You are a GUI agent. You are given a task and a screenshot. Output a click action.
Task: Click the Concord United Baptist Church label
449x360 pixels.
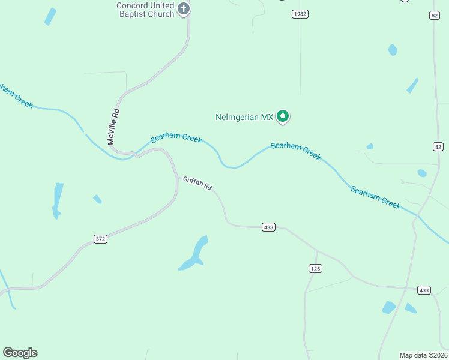pyautogui.click(x=145, y=10)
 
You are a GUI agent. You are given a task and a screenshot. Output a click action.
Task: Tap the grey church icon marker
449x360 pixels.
pyautogui.click(x=184, y=9)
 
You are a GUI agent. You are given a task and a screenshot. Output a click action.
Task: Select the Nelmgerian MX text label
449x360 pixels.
pyautogui.click(x=244, y=117)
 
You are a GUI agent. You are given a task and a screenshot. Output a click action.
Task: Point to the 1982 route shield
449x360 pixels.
pyautogui.click(x=300, y=14)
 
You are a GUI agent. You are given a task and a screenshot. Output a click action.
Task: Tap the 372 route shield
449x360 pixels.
pyautogui.click(x=101, y=239)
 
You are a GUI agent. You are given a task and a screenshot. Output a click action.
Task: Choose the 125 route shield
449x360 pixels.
pyautogui.click(x=315, y=269)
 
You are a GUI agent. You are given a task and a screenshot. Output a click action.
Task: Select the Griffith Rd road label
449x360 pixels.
pyautogui.click(x=197, y=183)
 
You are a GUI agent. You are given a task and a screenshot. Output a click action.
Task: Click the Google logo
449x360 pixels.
pyautogui.click(x=20, y=353)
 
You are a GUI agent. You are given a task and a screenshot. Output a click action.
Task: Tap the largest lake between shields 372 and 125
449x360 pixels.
pyautogui.click(x=195, y=254)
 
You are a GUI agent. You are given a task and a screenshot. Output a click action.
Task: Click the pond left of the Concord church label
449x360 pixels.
pyautogui.click(x=50, y=16)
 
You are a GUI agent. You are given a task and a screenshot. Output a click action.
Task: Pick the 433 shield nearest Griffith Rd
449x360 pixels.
pyautogui.click(x=268, y=227)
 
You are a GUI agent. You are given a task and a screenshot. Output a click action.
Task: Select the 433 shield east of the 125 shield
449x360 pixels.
pyautogui.click(x=424, y=290)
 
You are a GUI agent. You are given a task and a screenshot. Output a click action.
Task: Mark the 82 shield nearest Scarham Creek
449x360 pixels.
pyautogui.click(x=438, y=147)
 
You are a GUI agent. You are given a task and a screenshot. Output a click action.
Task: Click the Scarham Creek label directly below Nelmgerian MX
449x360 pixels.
pyautogui.click(x=296, y=151)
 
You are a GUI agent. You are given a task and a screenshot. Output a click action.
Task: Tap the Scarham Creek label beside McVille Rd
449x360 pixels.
pyautogui.click(x=176, y=138)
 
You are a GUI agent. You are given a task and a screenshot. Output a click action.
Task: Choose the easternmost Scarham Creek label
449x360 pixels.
pyautogui.click(x=375, y=197)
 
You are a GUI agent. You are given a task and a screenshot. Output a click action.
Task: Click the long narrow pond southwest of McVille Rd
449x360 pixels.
pyautogui.click(x=58, y=200)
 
